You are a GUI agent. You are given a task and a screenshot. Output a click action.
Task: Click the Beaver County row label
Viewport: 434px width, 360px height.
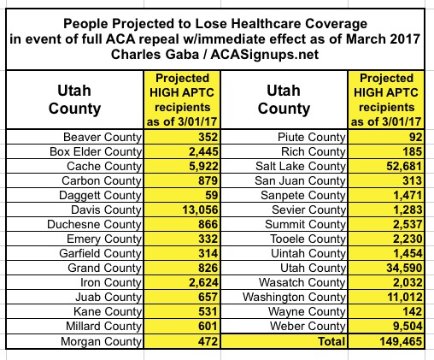coord(103,137)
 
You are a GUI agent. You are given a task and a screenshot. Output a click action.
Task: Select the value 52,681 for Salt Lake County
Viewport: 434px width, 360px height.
coord(404,166)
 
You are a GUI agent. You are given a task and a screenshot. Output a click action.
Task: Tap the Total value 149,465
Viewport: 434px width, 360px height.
coord(401,341)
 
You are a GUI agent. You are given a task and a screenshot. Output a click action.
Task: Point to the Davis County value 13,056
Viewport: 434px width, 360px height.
coord(200,210)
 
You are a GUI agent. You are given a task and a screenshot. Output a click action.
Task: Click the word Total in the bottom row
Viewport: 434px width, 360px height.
coord(331,341)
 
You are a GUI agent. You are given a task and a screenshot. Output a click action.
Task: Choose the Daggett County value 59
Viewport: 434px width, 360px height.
coord(211,195)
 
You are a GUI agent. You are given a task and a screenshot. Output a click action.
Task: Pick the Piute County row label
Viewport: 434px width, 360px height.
coord(312,137)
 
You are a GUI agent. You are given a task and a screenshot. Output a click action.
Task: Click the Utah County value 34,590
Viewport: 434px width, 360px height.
coord(404,268)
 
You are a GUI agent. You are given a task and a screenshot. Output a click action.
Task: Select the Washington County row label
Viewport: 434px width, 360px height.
coord(294,297)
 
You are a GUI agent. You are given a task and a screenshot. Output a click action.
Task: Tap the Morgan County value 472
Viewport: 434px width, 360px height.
coord(208,341)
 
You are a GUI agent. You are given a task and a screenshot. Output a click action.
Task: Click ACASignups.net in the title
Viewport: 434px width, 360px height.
coord(265,54)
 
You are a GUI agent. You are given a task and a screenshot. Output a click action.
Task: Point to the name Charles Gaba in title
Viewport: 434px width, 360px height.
coord(155,54)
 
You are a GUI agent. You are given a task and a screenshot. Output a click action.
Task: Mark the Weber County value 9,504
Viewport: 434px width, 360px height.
coord(408,326)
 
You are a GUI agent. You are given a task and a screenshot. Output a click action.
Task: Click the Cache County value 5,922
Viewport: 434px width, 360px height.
coord(203,166)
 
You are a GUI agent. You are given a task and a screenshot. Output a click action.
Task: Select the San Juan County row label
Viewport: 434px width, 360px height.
coord(300,180)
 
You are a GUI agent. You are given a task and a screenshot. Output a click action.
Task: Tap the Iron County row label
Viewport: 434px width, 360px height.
coord(111,282)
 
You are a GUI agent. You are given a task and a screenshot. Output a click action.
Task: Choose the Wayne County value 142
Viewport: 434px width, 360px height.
coord(412,311)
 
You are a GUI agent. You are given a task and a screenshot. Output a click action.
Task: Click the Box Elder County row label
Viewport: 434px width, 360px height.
coord(96,151)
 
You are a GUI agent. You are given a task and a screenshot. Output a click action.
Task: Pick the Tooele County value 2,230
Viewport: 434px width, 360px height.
coord(408,239)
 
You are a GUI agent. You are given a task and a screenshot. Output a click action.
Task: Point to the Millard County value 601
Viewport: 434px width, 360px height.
coord(208,326)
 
